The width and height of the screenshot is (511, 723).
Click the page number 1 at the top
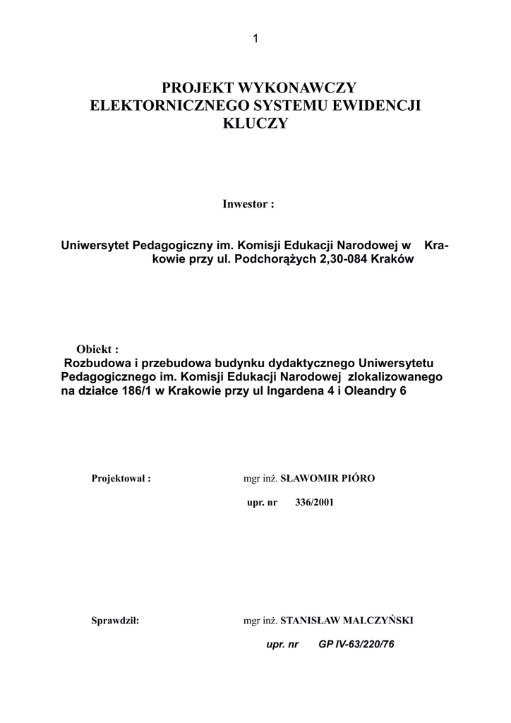tap(255, 39)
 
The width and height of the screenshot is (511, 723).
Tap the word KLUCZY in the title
tap(255, 124)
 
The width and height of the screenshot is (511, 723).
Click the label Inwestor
tap(244, 204)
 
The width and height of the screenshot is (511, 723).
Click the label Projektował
tap(121, 479)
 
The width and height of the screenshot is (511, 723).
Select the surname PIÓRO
tap(359, 478)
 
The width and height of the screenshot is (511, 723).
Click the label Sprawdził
tap(115, 621)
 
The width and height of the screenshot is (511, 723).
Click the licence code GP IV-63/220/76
tap(356, 645)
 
